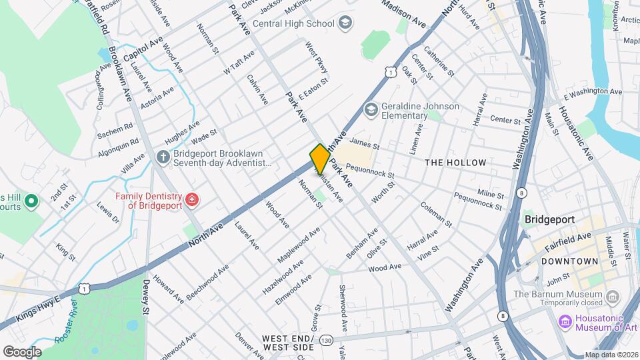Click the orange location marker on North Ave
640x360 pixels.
click(x=319, y=159)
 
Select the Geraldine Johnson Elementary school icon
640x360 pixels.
click(x=371, y=108)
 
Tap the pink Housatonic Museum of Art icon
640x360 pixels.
click(x=565, y=323)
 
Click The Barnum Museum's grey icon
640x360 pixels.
click(x=614, y=295)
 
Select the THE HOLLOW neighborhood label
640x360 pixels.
click(x=453, y=163)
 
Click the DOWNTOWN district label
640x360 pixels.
click(x=569, y=261)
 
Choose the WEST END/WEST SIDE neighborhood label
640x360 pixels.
click(x=288, y=343)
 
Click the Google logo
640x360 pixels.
click(x=22, y=351)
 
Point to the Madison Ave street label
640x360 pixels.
click(x=404, y=13)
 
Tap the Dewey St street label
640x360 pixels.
click(x=146, y=296)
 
